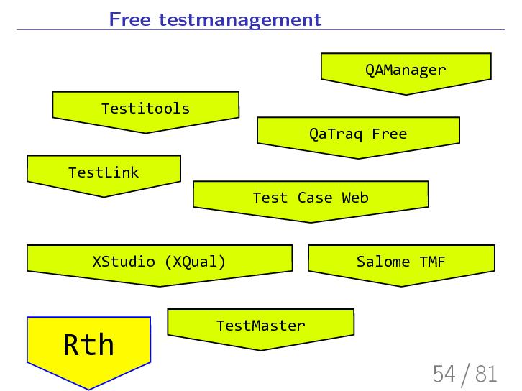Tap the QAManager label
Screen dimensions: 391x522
click(406, 70)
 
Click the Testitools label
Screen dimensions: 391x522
click(145, 109)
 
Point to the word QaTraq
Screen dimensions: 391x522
click(336, 134)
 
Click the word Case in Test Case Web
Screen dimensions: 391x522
click(314, 197)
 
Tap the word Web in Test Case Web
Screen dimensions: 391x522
click(354, 197)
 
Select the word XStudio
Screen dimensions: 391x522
click(125, 261)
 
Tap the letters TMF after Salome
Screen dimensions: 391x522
click(433, 261)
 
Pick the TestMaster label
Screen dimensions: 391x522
click(260, 326)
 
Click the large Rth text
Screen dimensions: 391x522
click(88, 345)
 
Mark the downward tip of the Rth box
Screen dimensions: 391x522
click(88, 389)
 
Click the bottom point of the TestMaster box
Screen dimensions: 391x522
click(260, 350)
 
